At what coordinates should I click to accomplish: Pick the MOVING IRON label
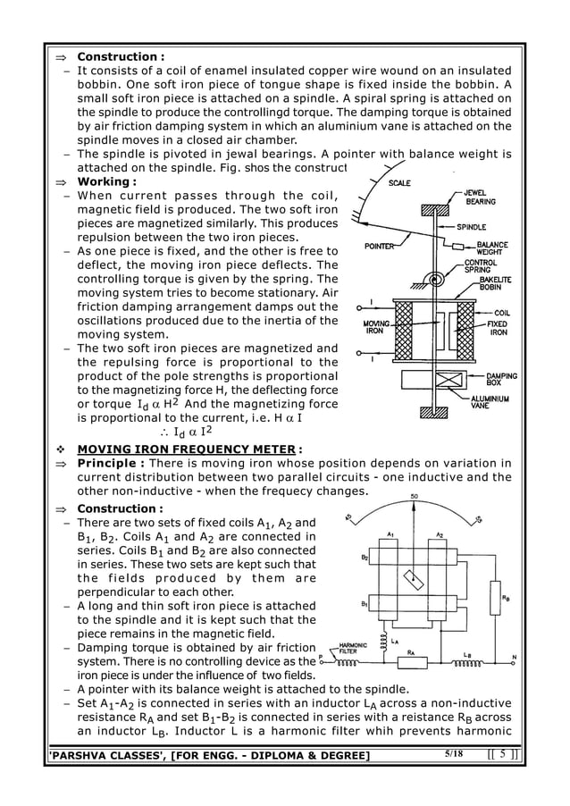(371, 328)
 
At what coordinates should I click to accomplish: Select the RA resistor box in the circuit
(412, 663)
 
